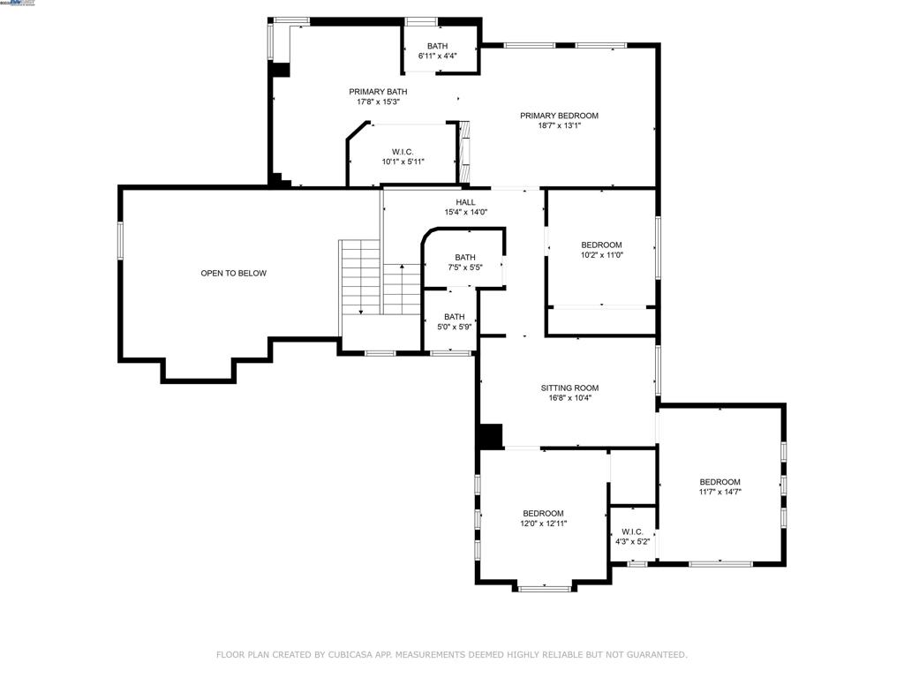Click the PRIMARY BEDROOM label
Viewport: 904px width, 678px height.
(559, 116)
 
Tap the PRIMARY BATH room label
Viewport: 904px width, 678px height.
(378, 92)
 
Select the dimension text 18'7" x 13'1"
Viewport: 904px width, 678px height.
(559, 126)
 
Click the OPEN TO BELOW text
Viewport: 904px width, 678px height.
(233, 274)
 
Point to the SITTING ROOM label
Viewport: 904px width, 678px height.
(569, 388)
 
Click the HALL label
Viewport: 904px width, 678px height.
(465, 202)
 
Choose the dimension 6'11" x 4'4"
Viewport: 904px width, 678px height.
(437, 56)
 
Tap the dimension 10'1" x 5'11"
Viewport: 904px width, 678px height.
(403, 162)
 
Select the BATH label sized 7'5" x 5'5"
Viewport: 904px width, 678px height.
(465, 258)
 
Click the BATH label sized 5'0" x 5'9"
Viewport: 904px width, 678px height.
(454, 317)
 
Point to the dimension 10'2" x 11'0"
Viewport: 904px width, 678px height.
(601, 255)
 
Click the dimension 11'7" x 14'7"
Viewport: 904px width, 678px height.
(719, 492)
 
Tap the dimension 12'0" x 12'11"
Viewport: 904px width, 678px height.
(543, 524)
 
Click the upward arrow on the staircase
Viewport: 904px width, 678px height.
(402, 268)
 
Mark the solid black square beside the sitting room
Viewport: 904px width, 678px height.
(489, 436)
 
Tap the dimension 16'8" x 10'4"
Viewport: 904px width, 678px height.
(569, 398)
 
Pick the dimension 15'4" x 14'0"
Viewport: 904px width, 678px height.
(465, 212)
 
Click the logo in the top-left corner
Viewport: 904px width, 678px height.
(19, 4)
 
